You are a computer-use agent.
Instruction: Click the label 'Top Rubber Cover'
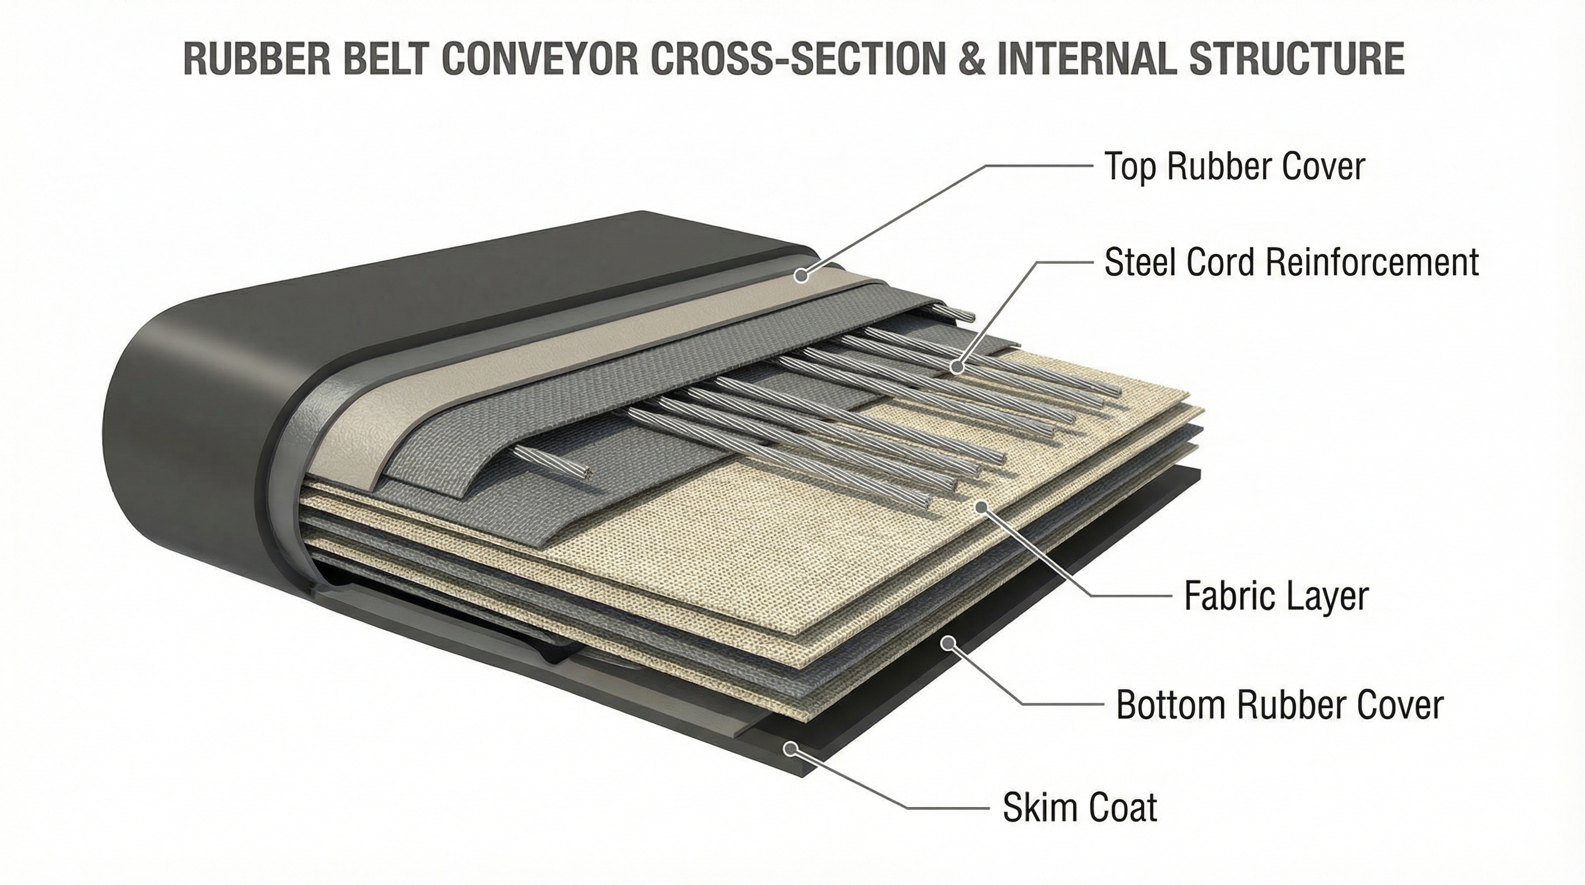point(1234,166)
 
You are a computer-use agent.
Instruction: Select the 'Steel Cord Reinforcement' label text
point(1291,263)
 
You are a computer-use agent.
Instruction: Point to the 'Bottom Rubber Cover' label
point(1279,705)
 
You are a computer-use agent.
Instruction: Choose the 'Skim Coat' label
point(1080,807)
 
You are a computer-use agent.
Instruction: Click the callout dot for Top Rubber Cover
point(801,275)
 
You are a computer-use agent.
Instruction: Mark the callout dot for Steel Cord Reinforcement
point(956,368)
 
